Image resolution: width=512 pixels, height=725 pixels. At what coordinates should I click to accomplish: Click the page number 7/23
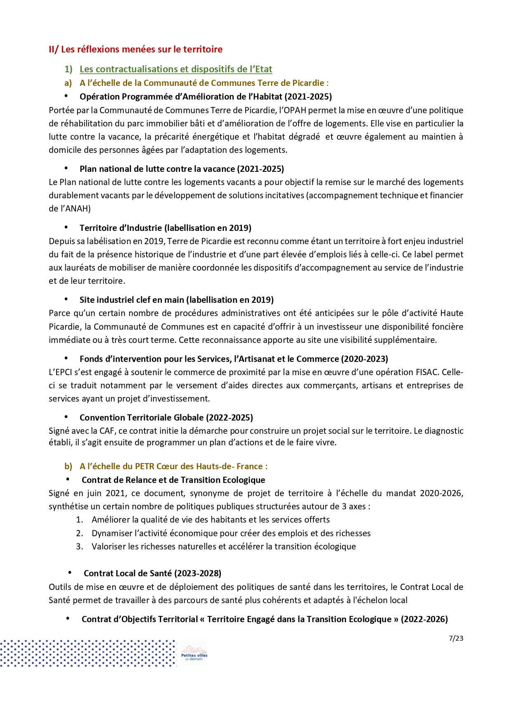(x=456, y=638)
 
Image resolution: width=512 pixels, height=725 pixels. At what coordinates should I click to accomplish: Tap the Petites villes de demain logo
(x=194, y=654)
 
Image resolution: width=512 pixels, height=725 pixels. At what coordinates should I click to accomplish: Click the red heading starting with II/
(x=135, y=49)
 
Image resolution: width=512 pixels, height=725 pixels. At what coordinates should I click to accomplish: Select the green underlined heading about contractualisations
(x=176, y=69)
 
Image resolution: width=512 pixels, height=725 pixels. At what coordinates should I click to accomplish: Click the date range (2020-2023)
(x=364, y=359)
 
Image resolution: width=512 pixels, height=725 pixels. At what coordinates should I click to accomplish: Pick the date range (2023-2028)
(x=197, y=573)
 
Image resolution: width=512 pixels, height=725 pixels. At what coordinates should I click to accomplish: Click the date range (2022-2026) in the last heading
(x=424, y=619)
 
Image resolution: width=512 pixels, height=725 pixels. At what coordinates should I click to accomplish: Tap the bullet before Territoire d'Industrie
(x=66, y=228)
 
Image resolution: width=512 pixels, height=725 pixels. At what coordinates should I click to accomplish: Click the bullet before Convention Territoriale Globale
(x=66, y=417)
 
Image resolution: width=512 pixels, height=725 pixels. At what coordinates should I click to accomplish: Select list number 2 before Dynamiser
(x=79, y=533)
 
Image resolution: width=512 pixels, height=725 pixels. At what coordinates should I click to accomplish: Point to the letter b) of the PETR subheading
(x=68, y=466)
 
